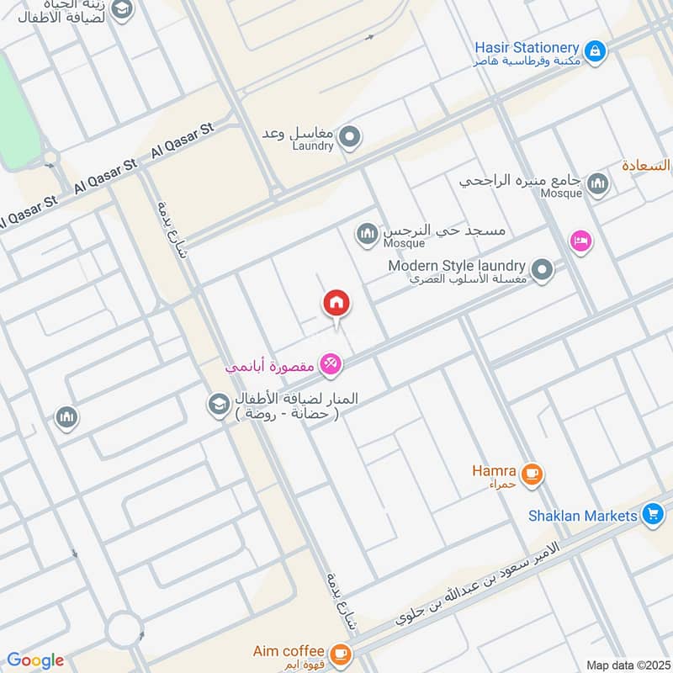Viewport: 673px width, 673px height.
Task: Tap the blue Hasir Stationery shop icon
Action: pos(595,51)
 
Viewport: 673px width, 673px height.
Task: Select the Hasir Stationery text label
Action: pos(527,49)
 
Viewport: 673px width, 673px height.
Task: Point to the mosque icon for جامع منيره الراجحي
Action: pos(597,183)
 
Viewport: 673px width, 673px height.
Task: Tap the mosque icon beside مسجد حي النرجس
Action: pos(367,235)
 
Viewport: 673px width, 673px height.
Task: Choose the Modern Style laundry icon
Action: pos(543,271)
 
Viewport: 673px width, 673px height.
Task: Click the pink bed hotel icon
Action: pos(580,241)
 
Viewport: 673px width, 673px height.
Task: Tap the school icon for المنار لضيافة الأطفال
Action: pos(219,405)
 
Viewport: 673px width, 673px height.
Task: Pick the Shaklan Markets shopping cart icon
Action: pos(651,512)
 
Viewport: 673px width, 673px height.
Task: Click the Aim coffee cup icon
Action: pos(339,653)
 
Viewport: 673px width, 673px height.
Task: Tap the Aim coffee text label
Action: pos(289,650)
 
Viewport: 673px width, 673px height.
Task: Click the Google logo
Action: pos(35,660)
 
